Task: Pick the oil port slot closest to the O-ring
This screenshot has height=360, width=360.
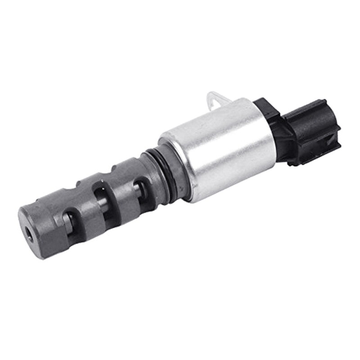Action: (140, 189)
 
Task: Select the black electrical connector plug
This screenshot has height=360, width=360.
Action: (310, 130)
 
